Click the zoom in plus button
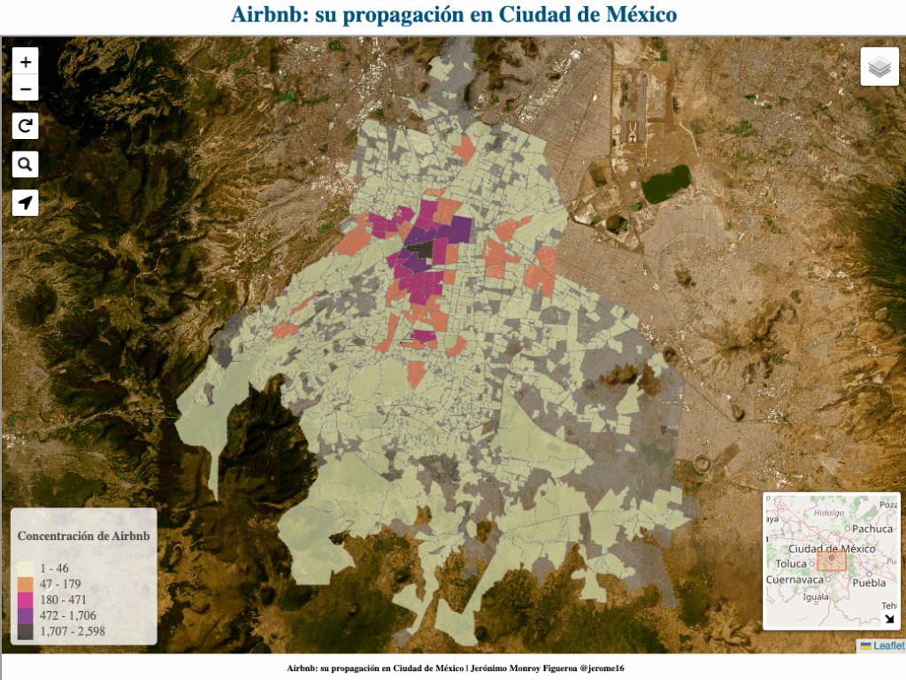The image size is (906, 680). [x=26, y=62]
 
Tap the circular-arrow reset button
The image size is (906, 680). [x=26, y=127]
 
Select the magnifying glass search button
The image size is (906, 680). [x=26, y=165]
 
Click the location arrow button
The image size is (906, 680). [x=26, y=203]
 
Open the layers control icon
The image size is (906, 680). [x=879, y=66]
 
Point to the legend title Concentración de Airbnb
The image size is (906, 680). [x=83, y=537]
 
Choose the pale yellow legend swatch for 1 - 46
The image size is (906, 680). [x=26, y=568]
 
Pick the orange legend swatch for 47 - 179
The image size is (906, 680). [x=26, y=584]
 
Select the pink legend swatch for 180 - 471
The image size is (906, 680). [x=26, y=599]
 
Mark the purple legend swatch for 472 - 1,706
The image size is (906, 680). [x=26, y=615]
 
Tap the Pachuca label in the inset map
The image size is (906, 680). [x=872, y=529]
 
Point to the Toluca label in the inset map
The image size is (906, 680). [x=791, y=564]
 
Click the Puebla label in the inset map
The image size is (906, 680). [x=870, y=583]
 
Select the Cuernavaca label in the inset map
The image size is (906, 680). [x=795, y=580]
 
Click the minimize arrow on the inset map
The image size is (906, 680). [x=889, y=619]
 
